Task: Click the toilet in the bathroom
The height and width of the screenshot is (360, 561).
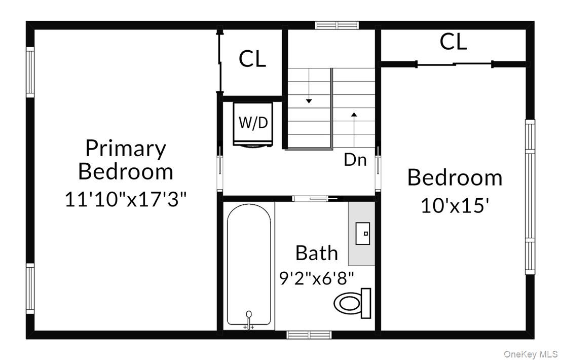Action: coord(352,303)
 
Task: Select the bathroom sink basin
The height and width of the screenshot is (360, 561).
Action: coord(363,233)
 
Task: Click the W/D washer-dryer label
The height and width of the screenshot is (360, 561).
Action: coord(253,123)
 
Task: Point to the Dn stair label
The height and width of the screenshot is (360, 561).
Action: coord(355,160)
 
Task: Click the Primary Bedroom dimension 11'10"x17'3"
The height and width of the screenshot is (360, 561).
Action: coord(126,199)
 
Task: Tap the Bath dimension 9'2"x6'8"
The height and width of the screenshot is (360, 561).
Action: coord(317,278)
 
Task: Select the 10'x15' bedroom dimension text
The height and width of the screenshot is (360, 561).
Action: coord(455,206)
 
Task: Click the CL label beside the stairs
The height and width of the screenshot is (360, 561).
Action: coord(252,59)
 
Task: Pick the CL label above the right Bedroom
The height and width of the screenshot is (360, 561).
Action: coord(453,42)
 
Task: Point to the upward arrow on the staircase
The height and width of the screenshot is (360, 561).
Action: coord(354,129)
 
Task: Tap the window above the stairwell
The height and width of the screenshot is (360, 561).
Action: coord(336,25)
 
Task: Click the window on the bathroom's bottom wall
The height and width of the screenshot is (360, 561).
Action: coord(309,335)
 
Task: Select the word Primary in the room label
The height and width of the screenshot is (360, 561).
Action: coord(126,148)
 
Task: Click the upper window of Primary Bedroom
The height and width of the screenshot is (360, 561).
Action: coord(30,72)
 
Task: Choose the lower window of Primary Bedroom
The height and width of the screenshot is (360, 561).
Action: coord(30,289)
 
